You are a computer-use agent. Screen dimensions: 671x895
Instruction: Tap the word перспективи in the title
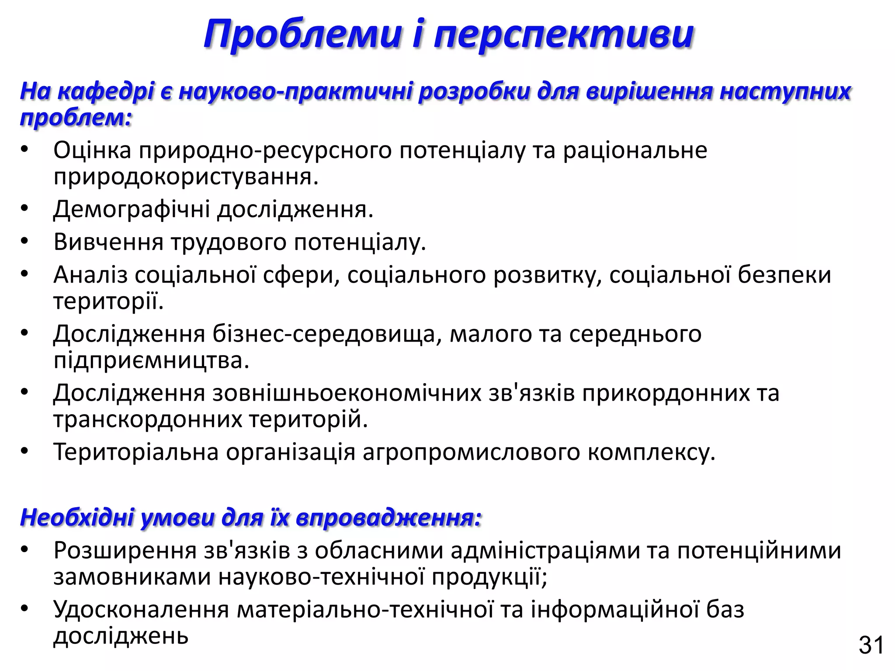564,35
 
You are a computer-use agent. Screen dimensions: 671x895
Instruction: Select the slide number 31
871,645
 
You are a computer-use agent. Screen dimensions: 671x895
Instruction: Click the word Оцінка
92,150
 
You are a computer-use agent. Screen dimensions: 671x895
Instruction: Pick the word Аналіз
90,275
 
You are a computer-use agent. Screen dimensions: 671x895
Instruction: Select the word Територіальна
136,452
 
